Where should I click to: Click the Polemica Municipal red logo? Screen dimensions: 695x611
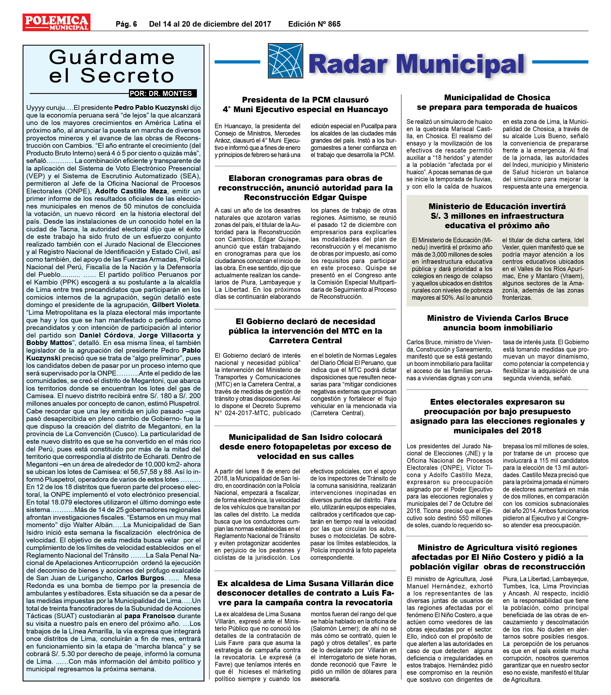point(56,22)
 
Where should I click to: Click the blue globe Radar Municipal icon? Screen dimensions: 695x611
point(285,61)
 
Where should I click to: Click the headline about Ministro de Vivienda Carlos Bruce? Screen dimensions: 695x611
point(497,323)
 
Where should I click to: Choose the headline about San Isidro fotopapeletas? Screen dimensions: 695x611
point(305,446)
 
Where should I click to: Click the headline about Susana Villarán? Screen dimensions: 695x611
point(305,593)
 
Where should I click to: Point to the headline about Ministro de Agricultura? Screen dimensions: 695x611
point(497,557)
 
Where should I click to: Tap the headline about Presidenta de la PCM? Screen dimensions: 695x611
point(305,105)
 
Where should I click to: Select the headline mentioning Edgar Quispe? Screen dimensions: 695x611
point(305,188)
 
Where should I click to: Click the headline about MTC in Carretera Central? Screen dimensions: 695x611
point(305,331)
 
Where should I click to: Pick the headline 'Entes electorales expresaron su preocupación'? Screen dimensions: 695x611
point(497,416)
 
